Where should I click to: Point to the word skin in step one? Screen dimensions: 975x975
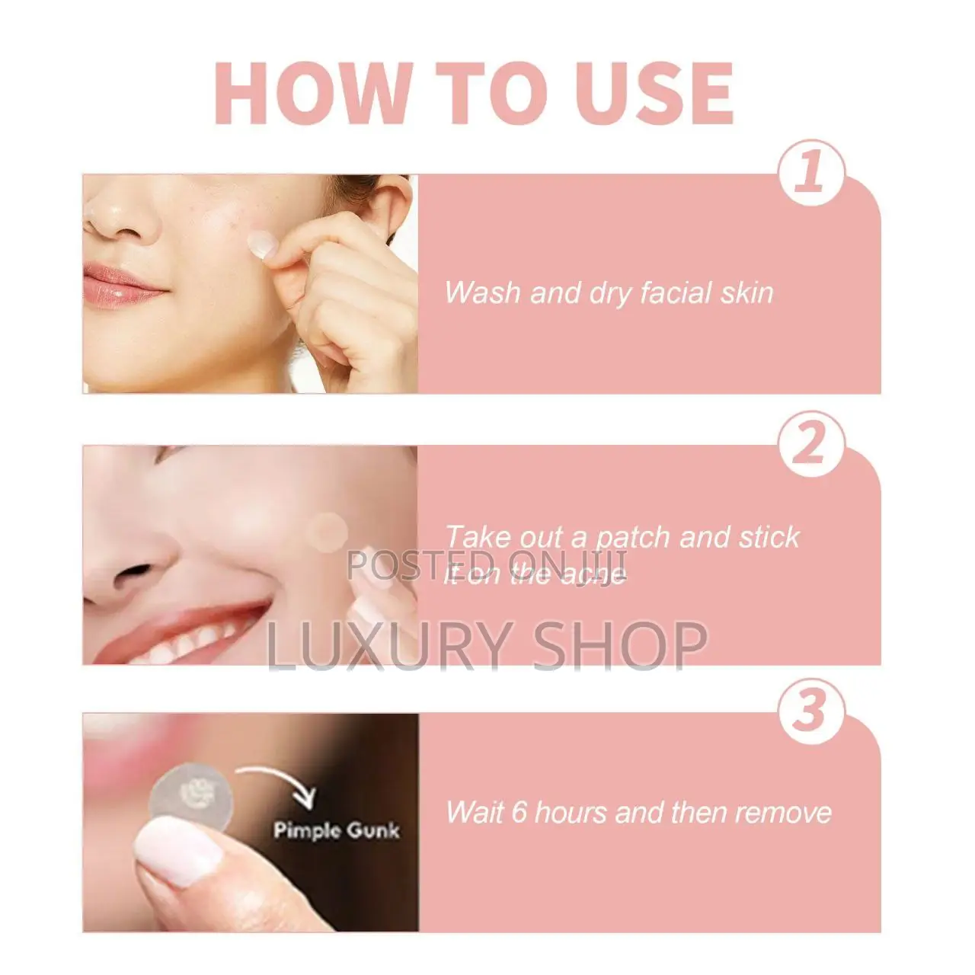(x=747, y=292)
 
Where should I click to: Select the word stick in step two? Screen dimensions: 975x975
(x=769, y=537)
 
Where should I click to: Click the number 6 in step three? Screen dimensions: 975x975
(x=519, y=812)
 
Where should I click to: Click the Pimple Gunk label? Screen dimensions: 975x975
(x=336, y=830)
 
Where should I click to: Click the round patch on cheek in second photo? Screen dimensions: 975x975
(x=328, y=532)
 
